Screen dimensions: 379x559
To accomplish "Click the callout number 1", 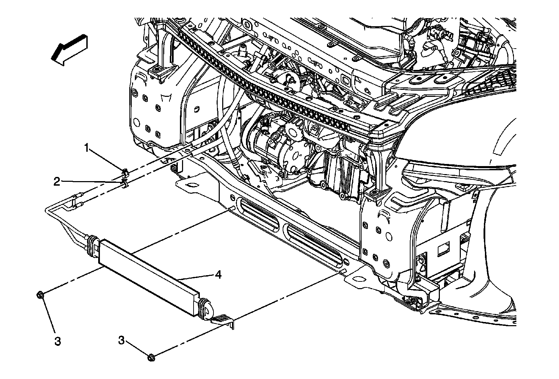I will (x=87, y=148).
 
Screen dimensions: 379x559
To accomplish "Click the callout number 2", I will (x=57, y=181).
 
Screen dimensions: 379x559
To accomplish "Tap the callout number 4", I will (x=218, y=275).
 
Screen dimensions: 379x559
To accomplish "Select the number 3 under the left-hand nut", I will (x=58, y=341).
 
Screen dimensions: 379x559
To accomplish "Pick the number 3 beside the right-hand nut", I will (x=121, y=340).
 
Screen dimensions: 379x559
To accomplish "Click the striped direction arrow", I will (x=69, y=49).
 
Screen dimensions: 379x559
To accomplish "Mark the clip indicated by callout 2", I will (x=124, y=184).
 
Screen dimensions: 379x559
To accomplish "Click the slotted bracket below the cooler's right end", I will (x=224, y=321).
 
